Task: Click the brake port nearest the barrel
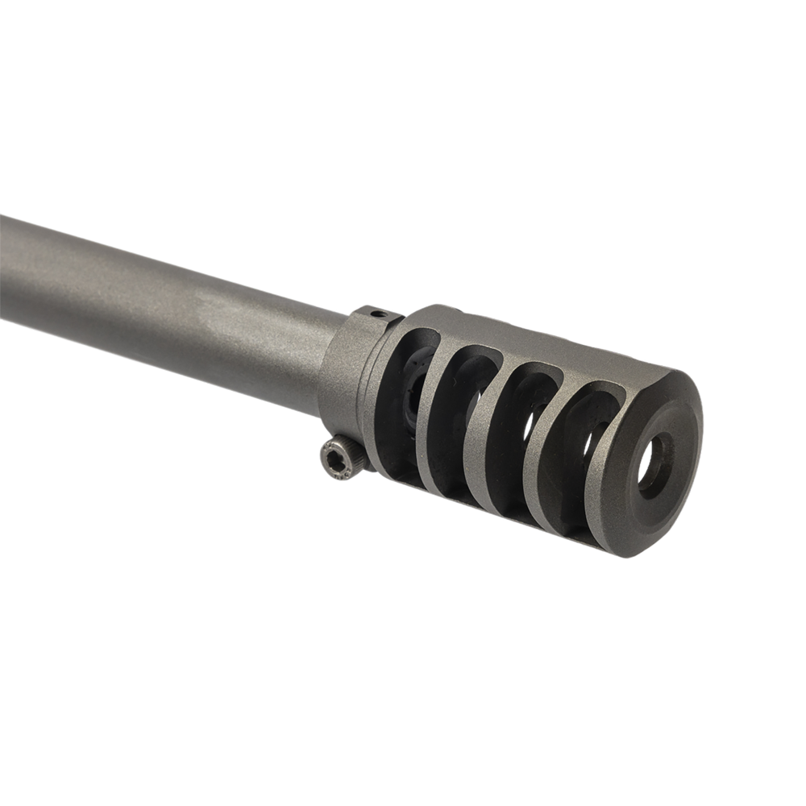pos(403,403)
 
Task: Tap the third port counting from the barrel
pos(516,439)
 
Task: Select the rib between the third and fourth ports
pos(548,451)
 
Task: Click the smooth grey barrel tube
pos(161,298)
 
